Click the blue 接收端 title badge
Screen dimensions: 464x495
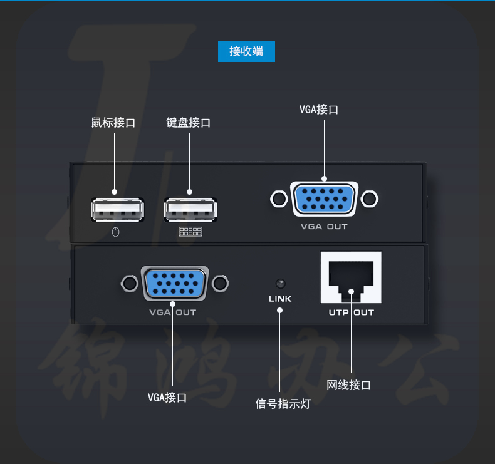(x=246, y=51)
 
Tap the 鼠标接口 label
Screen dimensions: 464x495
(x=113, y=123)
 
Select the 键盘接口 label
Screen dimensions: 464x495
(x=189, y=123)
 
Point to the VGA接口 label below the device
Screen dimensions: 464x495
(x=167, y=397)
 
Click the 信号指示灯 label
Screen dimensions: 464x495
(x=283, y=403)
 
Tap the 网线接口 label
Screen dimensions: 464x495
(x=349, y=385)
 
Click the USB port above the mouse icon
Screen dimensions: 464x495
(x=117, y=210)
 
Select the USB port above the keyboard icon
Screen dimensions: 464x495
(x=191, y=210)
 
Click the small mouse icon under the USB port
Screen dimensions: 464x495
(x=115, y=232)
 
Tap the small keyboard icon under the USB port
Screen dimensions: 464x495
(x=190, y=232)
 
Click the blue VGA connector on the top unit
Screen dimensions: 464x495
(x=323, y=200)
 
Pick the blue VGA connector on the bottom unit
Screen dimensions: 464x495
(x=175, y=284)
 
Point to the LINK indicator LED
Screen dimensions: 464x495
(x=280, y=283)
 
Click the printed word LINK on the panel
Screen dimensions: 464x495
(x=280, y=299)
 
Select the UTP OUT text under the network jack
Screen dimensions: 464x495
(x=351, y=312)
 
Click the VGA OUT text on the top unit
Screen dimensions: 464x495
(x=324, y=227)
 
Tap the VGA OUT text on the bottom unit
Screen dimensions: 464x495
(x=173, y=312)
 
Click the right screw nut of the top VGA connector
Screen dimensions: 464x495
(x=370, y=199)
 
